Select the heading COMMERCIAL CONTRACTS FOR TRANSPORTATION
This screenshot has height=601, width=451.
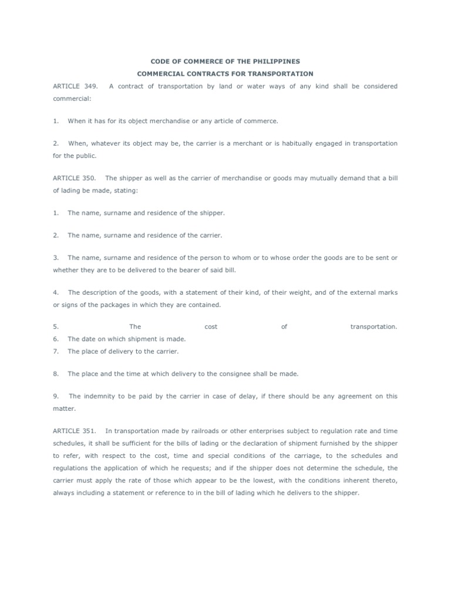[225, 74]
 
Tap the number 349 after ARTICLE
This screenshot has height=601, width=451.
[91, 86]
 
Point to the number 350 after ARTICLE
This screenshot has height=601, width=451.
[91, 178]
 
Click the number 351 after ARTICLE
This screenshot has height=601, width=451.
[91, 431]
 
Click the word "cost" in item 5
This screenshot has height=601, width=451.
[211, 327]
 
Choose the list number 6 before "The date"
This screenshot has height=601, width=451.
[56, 339]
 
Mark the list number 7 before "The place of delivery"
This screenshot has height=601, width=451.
[56, 352]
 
